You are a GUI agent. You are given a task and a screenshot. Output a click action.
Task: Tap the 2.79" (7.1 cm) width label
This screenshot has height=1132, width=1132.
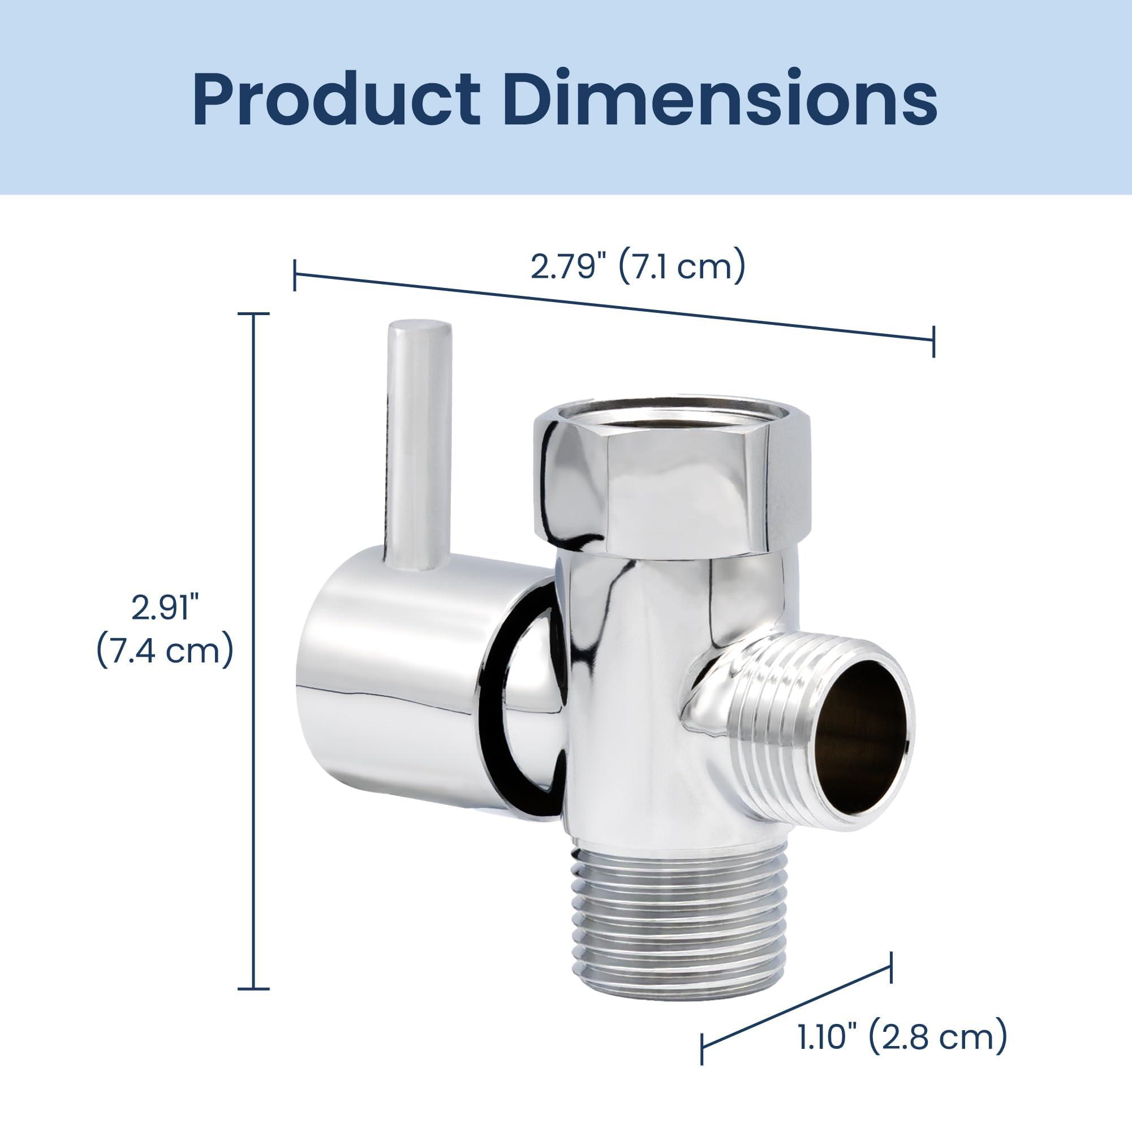[x=638, y=266]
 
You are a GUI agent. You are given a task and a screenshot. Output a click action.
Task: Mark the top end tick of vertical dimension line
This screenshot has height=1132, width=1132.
[x=253, y=314]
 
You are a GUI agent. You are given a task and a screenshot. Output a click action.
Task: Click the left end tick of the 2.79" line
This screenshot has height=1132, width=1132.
[x=295, y=275]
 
